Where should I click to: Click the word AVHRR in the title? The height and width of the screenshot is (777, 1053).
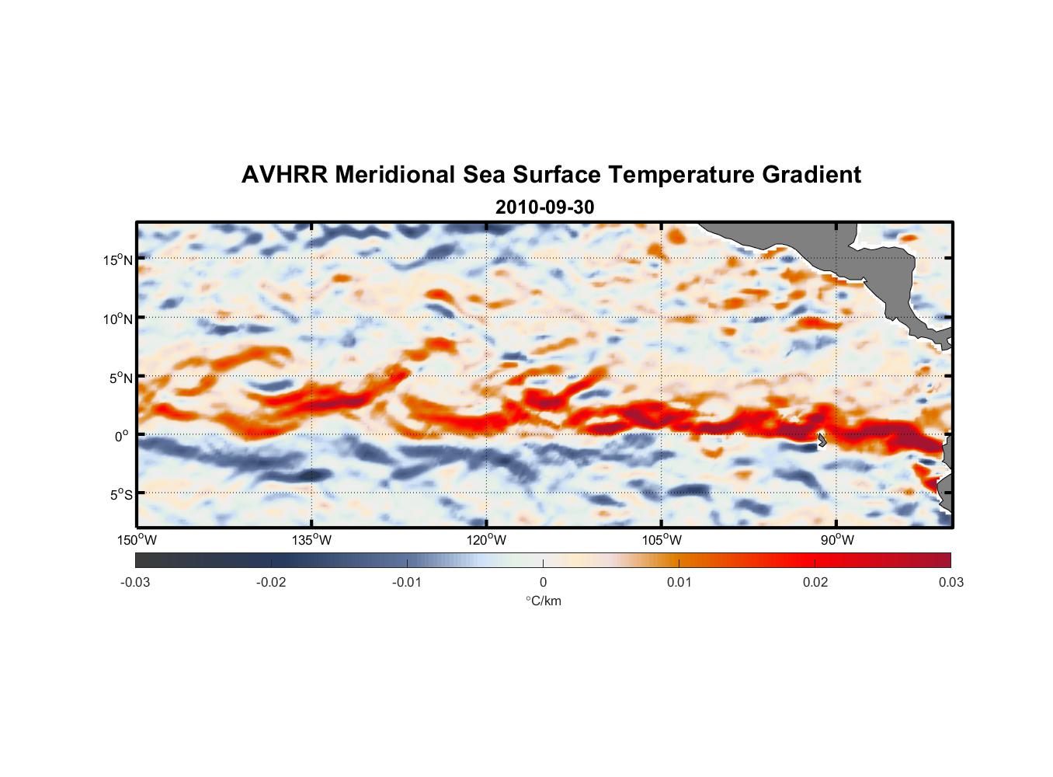coord(284,175)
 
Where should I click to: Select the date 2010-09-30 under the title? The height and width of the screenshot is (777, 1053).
coord(544,207)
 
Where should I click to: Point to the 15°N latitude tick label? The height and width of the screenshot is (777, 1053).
coord(118,260)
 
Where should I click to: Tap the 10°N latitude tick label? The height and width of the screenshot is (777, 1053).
coord(118,319)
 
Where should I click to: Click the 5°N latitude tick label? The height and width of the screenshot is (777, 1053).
coord(121,378)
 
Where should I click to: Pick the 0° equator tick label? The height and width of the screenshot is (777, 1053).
coord(122,436)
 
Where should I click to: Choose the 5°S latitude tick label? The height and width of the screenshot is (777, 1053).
coord(121,494)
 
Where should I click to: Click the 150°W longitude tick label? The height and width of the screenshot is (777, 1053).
coord(137,540)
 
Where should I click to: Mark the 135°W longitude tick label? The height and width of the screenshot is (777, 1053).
coord(311,540)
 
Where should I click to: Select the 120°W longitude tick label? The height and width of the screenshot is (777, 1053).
coord(487,540)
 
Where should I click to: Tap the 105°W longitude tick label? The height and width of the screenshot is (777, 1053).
coord(662,540)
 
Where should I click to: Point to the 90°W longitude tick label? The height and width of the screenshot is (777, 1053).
coord(837,540)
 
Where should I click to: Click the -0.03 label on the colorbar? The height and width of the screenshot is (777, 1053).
coord(135,582)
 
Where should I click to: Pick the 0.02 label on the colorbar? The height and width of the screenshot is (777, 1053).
coord(815,582)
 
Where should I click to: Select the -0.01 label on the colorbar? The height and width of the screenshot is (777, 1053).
coord(407,582)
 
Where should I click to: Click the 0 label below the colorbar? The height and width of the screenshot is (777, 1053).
coord(543,582)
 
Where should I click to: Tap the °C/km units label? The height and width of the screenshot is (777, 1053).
coord(543,601)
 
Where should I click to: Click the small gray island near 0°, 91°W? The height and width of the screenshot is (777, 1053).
coord(822,440)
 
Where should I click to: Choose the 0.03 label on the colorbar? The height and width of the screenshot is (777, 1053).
coord(950,582)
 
